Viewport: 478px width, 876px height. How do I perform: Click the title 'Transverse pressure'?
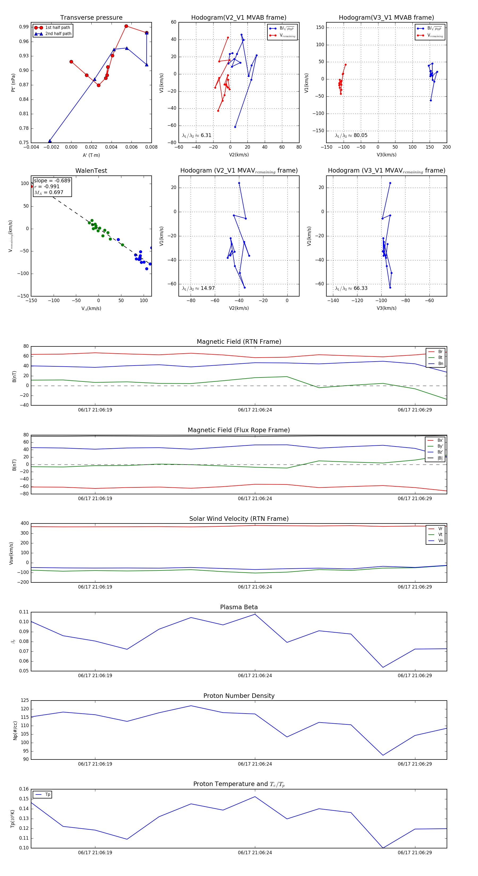(x=91, y=18)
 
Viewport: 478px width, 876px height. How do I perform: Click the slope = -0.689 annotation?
(x=52, y=181)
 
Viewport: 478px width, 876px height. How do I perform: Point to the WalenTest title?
(x=91, y=171)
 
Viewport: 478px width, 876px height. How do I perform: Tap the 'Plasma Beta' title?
(x=239, y=607)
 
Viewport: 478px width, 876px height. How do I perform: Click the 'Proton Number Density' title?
(x=239, y=695)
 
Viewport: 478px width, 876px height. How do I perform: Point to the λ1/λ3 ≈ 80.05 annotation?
(x=351, y=135)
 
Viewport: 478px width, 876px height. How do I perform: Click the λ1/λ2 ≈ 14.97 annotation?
(x=198, y=288)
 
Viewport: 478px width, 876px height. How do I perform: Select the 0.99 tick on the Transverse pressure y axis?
(x=24, y=27)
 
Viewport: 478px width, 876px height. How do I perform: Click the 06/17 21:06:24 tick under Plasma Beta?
(x=255, y=675)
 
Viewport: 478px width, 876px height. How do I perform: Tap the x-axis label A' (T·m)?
(x=91, y=155)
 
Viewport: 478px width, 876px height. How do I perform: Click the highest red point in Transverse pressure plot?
(x=126, y=26)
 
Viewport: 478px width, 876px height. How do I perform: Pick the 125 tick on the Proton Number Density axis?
(x=25, y=700)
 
